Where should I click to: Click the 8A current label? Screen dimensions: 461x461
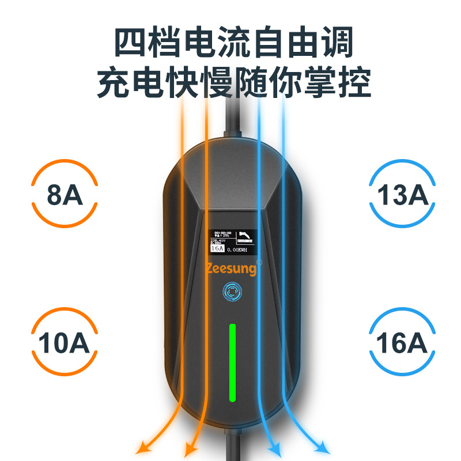click(x=65, y=195)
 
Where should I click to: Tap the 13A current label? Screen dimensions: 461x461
click(x=403, y=195)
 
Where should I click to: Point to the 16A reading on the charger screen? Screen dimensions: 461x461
click(x=217, y=249)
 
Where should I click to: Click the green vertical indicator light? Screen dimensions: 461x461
click(x=232, y=362)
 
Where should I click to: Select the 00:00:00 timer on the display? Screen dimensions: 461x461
click(x=222, y=233)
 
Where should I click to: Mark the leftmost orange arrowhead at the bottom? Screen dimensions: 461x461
click(x=140, y=448)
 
